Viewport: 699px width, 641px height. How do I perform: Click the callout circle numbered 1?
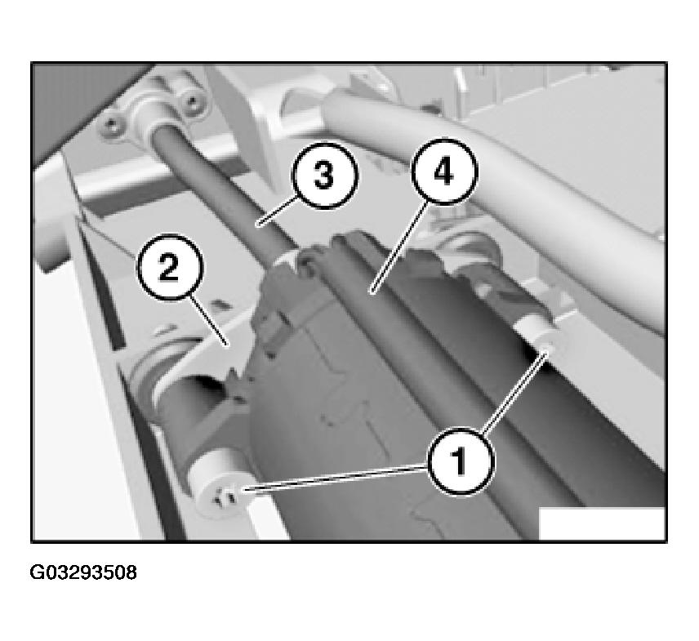461,461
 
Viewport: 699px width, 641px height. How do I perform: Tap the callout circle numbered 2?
169,267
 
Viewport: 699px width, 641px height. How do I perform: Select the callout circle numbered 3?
324,176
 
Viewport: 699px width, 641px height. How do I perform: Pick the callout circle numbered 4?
443,172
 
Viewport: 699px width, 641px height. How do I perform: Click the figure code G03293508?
83,572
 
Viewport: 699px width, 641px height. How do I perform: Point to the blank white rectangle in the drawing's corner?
602,523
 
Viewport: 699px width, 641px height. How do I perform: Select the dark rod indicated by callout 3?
223,187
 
